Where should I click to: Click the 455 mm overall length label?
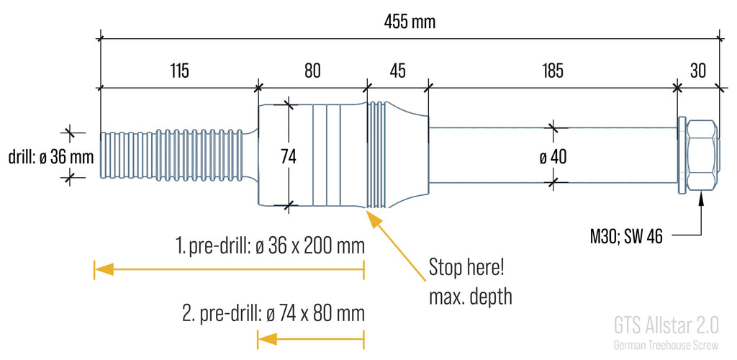click(410, 22)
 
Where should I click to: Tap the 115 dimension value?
click(180, 71)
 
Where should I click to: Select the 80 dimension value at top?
click(312, 71)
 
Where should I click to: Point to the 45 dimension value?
click(397, 71)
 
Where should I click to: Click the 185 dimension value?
click(552, 71)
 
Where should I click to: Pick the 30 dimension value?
click(698, 71)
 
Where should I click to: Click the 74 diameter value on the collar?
click(289, 156)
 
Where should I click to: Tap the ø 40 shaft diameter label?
click(553, 156)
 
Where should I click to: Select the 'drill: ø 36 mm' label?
click(50, 156)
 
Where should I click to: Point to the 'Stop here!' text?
click(466, 268)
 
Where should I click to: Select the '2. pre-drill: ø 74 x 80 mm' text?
click(273, 314)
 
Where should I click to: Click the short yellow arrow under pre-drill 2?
click(311, 338)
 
